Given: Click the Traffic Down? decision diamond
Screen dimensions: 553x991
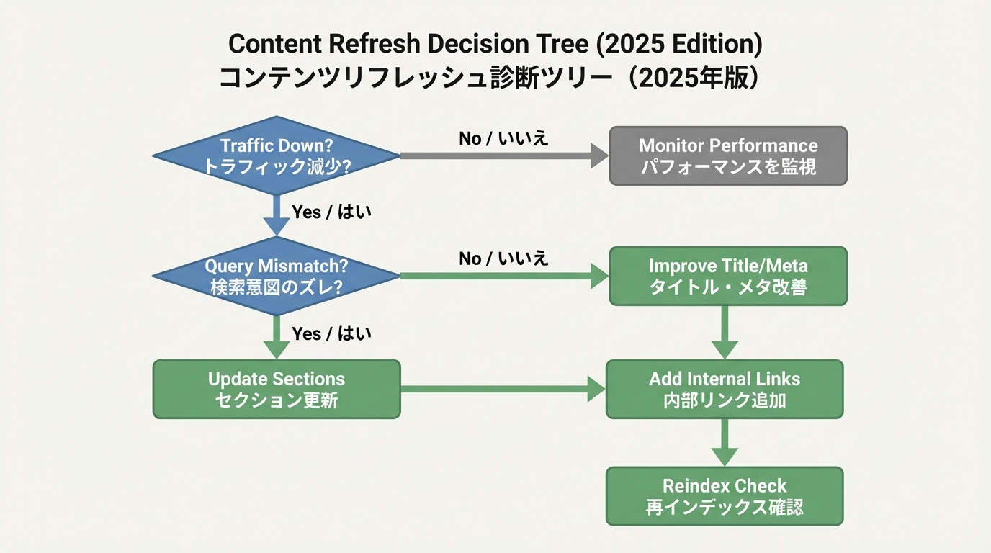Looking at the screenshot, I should tap(276, 156).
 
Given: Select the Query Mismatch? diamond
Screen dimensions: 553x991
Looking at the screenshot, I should tap(276, 276).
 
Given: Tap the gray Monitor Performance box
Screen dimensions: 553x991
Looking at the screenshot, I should tap(728, 156).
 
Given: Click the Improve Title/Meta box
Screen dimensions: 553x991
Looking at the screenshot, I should tap(728, 276).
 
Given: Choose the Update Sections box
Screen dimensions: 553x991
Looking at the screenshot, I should tap(276, 389).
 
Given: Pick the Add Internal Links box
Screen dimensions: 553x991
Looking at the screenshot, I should tap(724, 389).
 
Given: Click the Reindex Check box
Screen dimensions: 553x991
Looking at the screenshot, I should tap(724, 496).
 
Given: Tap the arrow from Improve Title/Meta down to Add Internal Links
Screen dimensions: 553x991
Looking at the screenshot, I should tap(725, 331).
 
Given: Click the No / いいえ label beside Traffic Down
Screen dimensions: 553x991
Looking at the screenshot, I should tap(503, 138).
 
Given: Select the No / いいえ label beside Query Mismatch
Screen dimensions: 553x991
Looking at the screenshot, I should tap(503, 258).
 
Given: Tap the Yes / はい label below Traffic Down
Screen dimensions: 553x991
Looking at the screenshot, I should tap(331, 212).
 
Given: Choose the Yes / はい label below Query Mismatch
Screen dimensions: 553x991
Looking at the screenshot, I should tap(331, 333).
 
